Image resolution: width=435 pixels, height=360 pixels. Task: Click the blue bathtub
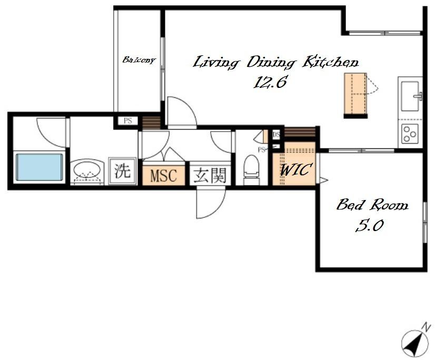point(39,167)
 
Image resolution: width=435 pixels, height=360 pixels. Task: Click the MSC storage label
point(163,176)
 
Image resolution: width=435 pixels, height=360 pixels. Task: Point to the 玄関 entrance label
point(210,176)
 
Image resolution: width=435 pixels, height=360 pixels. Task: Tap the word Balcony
point(139,60)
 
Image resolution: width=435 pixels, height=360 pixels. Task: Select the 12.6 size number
point(270,82)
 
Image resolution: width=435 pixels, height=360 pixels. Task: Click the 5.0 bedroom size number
point(369,225)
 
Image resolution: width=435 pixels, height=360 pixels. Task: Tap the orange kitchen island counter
point(355,94)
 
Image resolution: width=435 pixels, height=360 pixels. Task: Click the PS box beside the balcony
point(127,121)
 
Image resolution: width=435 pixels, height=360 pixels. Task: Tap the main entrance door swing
point(211,203)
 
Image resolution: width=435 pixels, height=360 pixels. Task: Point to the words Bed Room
point(372,205)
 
